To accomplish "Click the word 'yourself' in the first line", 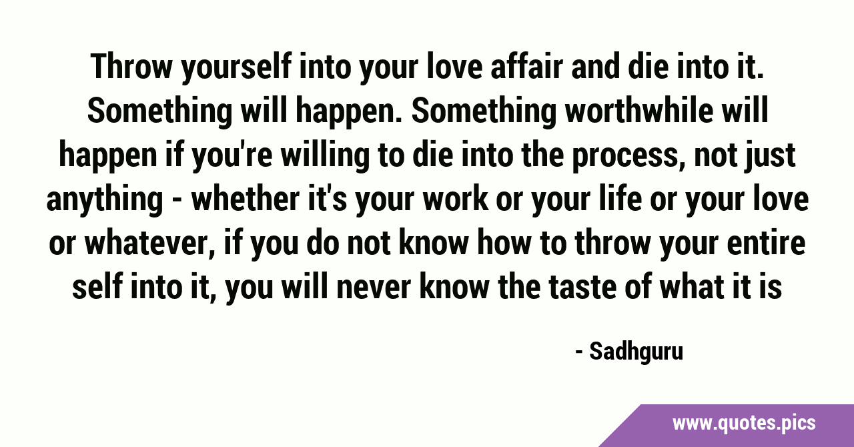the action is tap(236, 68).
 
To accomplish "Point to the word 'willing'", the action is tap(325, 156).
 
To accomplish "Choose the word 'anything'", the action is tap(105, 201).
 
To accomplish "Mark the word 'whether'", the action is tap(245, 199).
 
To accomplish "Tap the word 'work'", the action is tap(455, 199).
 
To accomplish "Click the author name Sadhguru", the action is tap(636, 352).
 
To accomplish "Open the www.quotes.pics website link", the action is tap(744, 424).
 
